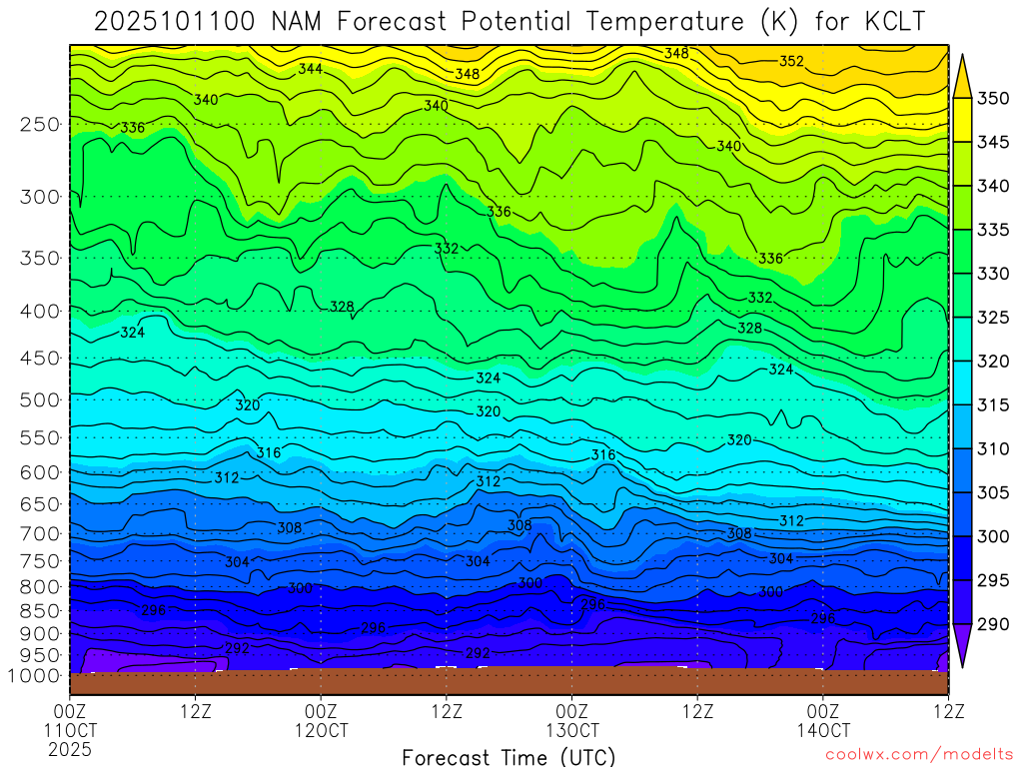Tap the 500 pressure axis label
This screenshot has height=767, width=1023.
click(x=40, y=399)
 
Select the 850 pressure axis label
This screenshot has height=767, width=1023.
click(x=40, y=609)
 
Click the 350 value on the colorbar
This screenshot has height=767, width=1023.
click(x=994, y=98)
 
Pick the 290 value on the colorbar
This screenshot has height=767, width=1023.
click(x=994, y=625)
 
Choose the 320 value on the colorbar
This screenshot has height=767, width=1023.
click(x=994, y=362)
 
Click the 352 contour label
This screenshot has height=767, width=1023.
click(x=791, y=61)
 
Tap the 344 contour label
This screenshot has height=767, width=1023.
click(x=310, y=69)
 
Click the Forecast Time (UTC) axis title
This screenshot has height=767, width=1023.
click(x=509, y=756)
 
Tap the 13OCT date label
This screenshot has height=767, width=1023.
click(x=571, y=730)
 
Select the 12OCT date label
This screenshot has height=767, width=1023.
click(x=321, y=730)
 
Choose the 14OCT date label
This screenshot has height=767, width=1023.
click(x=822, y=730)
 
